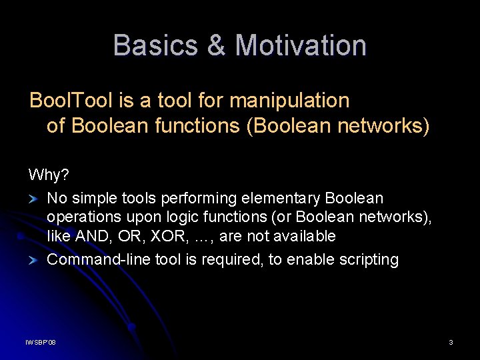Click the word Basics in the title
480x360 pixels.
(155, 45)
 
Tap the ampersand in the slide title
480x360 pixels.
(217, 45)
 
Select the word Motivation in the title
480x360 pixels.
(301, 45)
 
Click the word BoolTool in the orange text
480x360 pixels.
(71, 100)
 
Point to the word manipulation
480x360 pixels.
(289, 101)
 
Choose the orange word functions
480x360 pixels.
(197, 125)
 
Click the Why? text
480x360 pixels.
(49, 175)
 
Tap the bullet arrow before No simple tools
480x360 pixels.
(33, 199)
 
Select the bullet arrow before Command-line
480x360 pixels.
(33, 261)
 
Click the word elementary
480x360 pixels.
(281, 199)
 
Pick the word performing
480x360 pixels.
(199, 199)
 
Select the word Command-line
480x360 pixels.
(99, 259)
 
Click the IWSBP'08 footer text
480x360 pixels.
(41, 342)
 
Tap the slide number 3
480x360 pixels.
(451, 342)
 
